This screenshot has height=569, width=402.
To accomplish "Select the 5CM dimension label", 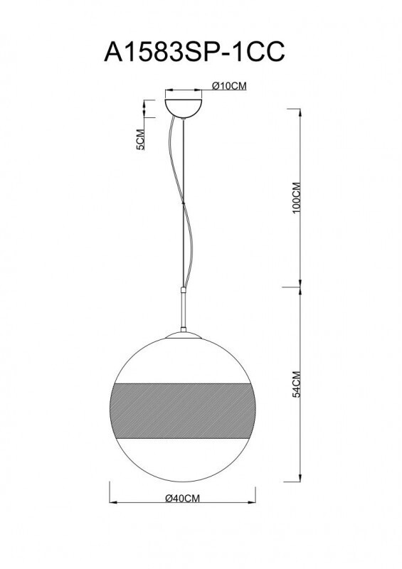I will coord(140,142).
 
